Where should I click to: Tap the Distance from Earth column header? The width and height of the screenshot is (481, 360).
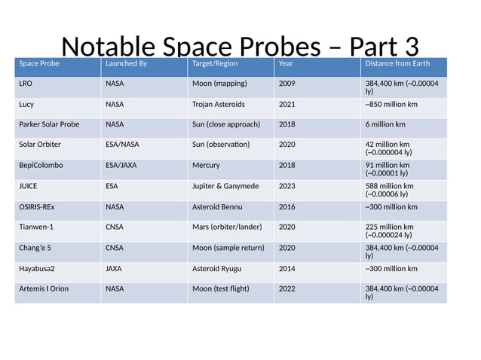point(397,64)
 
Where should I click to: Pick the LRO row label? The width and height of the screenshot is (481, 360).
point(26,84)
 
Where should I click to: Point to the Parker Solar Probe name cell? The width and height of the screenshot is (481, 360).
point(49,124)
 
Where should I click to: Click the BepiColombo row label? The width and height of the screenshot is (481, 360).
point(41,165)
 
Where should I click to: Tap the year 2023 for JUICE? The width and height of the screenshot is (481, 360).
point(287,186)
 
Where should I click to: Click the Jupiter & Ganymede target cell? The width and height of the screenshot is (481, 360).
point(225,186)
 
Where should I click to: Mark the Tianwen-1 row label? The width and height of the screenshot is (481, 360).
point(38,226)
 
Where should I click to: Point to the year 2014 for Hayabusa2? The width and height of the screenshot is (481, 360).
point(287,268)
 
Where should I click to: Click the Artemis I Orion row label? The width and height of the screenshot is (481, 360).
point(44,288)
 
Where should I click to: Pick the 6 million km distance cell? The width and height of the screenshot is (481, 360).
point(385,124)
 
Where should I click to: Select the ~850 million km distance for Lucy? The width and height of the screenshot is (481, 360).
point(391,104)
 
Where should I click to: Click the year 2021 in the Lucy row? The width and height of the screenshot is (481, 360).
point(287,104)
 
